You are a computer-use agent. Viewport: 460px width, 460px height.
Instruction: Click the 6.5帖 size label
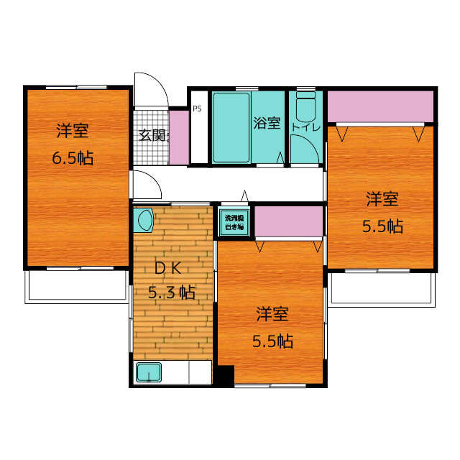tap(73, 158)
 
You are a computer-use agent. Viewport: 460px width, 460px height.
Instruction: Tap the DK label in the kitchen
tap(172, 267)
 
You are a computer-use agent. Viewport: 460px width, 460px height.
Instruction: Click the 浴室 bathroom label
tap(267, 124)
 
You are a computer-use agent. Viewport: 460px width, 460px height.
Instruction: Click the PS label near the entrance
tap(196, 109)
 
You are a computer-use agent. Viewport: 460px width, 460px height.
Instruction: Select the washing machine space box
tap(234, 222)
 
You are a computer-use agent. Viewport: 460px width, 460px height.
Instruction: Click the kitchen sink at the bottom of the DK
tap(149, 373)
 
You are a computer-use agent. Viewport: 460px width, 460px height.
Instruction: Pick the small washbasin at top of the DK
tap(144, 220)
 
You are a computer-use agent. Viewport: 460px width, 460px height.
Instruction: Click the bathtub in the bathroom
tap(231, 128)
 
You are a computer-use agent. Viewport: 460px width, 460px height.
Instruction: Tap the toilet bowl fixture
tap(305, 108)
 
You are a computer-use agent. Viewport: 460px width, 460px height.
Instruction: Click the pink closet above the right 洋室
tap(380, 106)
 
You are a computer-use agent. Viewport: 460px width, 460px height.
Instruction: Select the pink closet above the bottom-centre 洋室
tap(288, 221)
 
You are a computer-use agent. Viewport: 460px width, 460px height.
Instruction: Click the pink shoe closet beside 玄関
tap(178, 137)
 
